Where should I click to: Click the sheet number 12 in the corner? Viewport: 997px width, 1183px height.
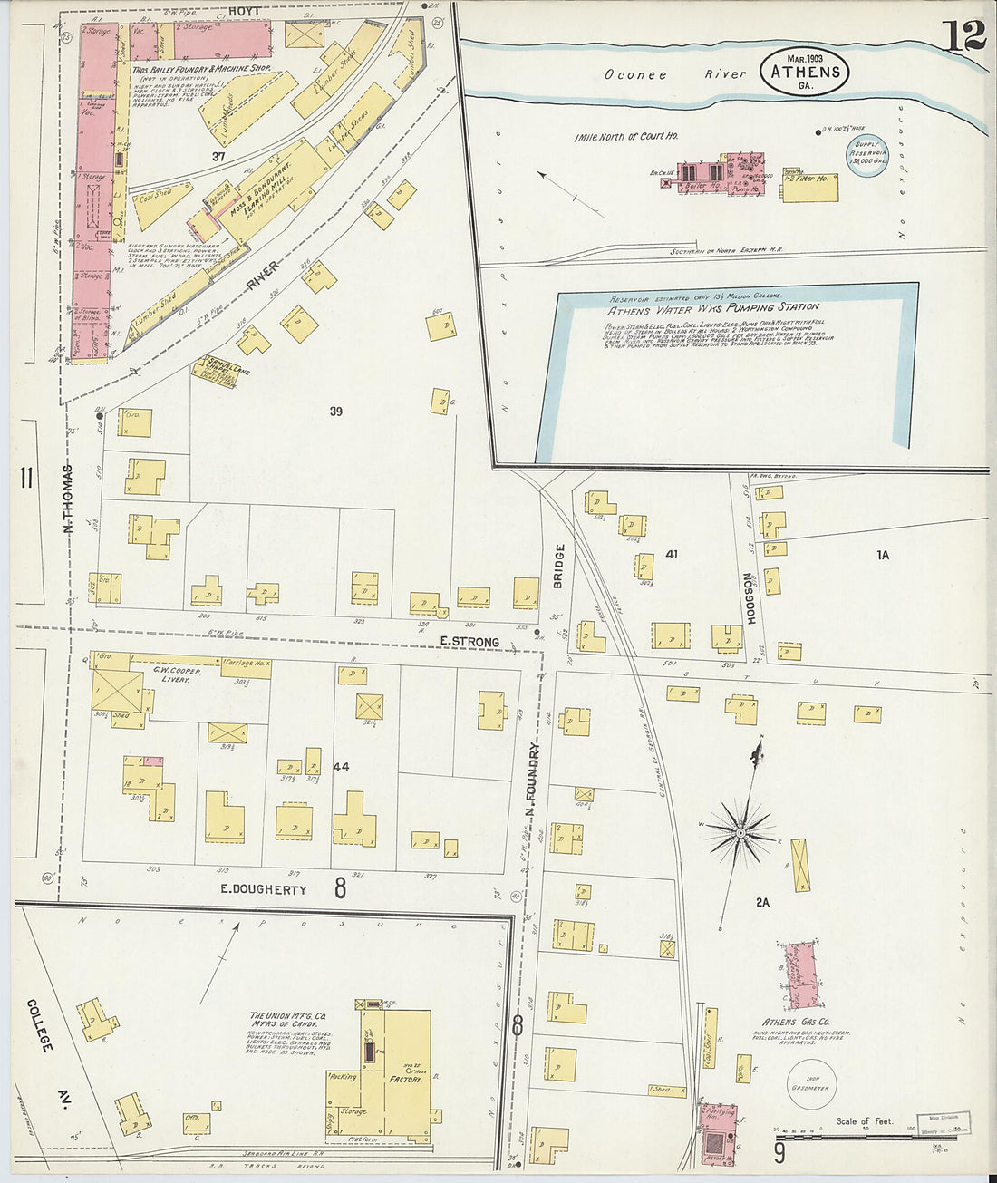963,35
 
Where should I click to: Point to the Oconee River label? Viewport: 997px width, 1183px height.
675,74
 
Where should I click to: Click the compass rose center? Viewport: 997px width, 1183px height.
740,831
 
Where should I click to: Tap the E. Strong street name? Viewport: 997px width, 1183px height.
469,642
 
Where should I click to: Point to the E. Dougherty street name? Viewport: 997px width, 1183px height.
264,889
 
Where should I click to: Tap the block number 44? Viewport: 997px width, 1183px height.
341,767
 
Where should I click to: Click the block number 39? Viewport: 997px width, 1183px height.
335,412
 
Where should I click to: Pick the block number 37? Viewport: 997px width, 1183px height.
218,157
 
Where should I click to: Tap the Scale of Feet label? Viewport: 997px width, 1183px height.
864,1121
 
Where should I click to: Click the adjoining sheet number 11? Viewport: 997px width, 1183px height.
25,477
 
